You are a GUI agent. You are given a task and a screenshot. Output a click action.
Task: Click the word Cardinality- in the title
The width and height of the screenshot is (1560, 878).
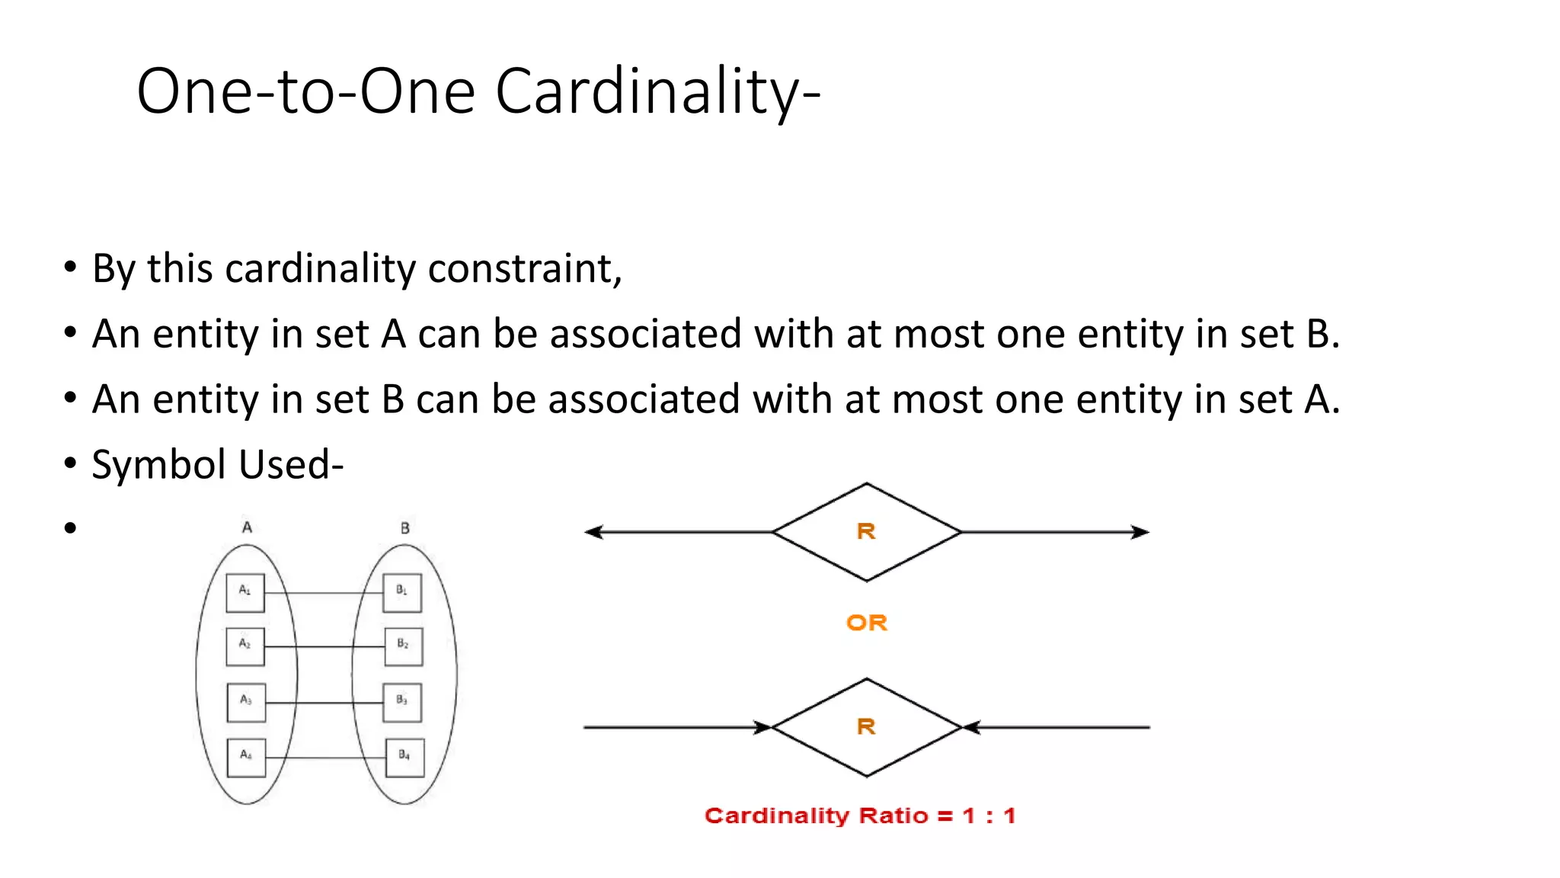click(x=657, y=91)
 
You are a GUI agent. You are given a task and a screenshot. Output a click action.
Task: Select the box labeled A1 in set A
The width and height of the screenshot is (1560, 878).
click(x=245, y=592)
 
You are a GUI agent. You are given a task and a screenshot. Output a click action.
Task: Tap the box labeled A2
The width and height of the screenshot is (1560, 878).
click(x=245, y=646)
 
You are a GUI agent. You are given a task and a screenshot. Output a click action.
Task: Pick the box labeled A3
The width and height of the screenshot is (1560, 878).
click(x=246, y=702)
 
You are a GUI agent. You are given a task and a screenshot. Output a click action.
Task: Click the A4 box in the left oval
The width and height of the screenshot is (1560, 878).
click(x=247, y=757)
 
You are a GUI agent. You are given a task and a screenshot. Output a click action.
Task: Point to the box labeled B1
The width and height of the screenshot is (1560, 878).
click(x=402, y=592)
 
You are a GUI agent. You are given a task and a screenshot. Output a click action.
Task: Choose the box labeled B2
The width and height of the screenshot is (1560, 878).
click(x=403, y=646)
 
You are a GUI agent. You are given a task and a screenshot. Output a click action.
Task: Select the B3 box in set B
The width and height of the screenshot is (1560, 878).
click(x=402, y=702)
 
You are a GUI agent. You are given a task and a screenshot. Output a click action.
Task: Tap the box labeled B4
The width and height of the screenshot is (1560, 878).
click(x=404, y=757)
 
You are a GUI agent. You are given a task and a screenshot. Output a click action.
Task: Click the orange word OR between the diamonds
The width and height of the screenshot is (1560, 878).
click(x=867, y=623)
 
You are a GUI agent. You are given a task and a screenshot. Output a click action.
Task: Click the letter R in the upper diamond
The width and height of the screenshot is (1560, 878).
click(x=866, y=531)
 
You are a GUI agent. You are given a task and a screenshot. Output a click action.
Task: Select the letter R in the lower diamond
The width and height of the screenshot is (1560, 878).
click(x=866, y=726)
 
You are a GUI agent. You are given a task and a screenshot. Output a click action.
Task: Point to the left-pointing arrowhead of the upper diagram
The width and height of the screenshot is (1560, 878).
click(x=594, y=532)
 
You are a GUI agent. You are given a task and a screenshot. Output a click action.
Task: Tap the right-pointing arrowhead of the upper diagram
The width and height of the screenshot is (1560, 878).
click(x=1140, y=532)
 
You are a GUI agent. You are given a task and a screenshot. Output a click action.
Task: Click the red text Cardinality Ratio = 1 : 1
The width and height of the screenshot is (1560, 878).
click(x=860, y=816)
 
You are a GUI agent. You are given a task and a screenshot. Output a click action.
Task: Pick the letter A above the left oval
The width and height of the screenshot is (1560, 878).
click(x=247, y=527)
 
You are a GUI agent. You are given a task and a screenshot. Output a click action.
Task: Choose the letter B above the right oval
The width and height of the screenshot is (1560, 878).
click(x=405, y=527)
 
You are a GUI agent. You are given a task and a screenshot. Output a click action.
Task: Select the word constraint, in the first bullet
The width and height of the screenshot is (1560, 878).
click(x=525, y=269)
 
